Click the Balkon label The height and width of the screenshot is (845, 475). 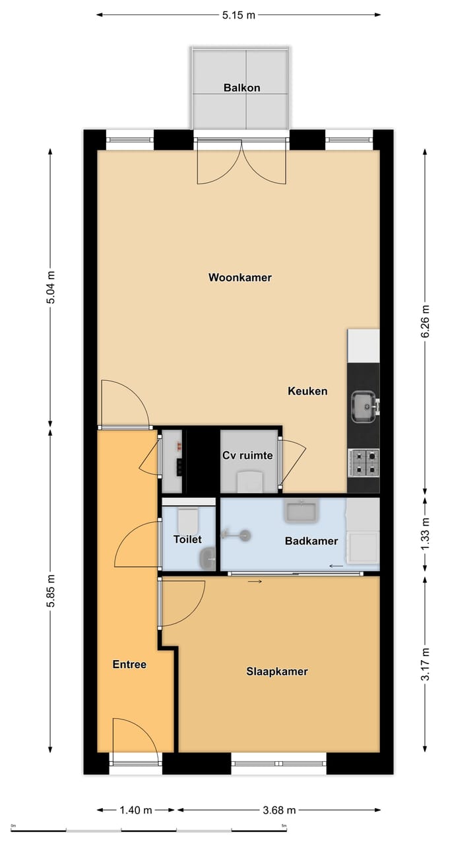(x=241, y=87)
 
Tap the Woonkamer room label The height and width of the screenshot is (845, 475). (x=240, y=277)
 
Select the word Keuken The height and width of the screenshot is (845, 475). (x=307, y=391)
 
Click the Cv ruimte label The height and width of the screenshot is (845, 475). (x=247, y=455)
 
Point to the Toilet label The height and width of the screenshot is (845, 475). (x=187, y=539)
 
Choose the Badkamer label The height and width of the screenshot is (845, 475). (x=311, y=541)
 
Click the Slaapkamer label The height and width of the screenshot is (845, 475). (x=277, y=671)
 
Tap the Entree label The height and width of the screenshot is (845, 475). (x=129, y=664)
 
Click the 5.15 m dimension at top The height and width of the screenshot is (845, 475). (x=238, y=15)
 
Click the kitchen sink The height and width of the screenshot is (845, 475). (x=364, y=407)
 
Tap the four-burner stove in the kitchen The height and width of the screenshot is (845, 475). (x=364, y=462)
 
